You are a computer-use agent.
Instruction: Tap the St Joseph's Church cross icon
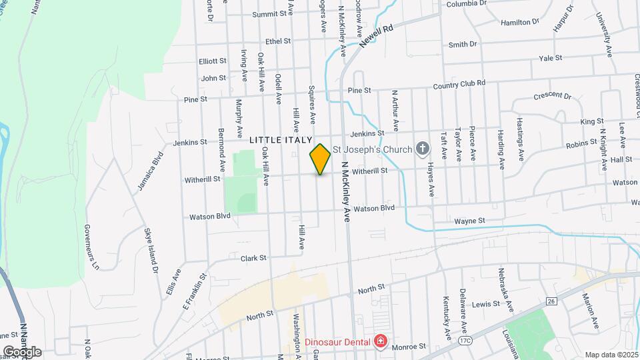(421, 149)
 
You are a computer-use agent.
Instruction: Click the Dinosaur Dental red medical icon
(380, 343)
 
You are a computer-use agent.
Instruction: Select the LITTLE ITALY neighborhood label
(281, 140)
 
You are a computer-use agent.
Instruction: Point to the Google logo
(22, 351)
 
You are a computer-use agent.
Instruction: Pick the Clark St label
(253, 257)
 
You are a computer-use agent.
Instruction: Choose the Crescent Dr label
(553, 97)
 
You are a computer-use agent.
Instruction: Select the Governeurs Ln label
(91, 247)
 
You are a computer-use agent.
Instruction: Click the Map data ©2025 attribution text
(611, 355)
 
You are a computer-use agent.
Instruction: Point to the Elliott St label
(213, 61)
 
